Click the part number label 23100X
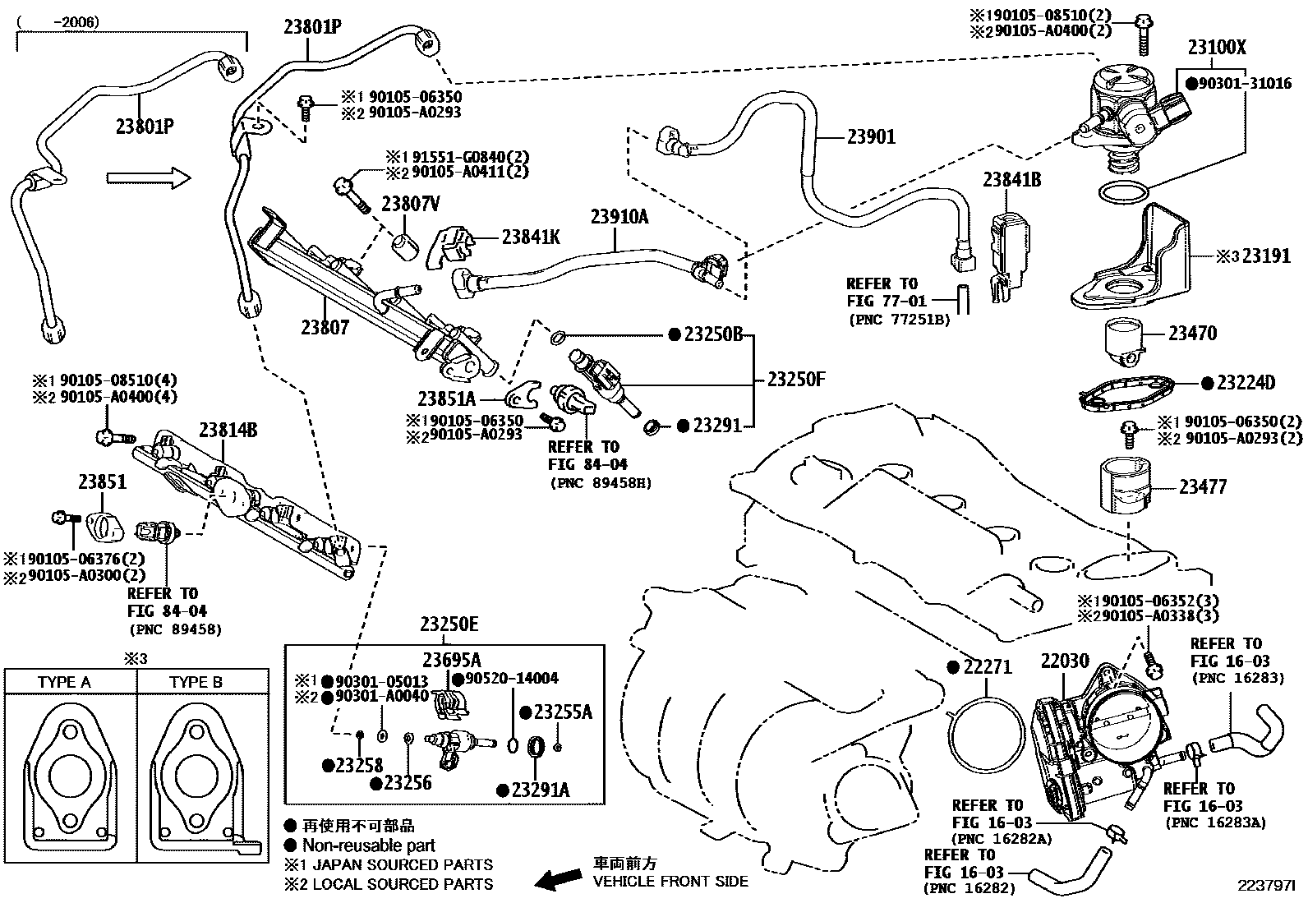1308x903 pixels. tap(1216, 48)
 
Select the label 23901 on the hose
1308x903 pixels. tap(872, 136)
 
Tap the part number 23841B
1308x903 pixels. tap(1012, 179)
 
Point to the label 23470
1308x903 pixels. tap(1193, 334)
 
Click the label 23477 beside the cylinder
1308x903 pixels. tap(1203, 487)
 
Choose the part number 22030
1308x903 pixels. tap(1066, 661)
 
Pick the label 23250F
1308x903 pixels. tap(796, 380)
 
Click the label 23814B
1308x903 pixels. tap(228, 430)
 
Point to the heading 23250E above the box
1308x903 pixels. tap(449, 624)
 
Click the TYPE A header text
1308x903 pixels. tap(64, 682)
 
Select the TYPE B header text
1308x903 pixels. tap(196, 682)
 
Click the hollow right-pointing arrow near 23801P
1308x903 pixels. tap(148, 177)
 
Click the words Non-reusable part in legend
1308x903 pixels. tap(369, 845)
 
